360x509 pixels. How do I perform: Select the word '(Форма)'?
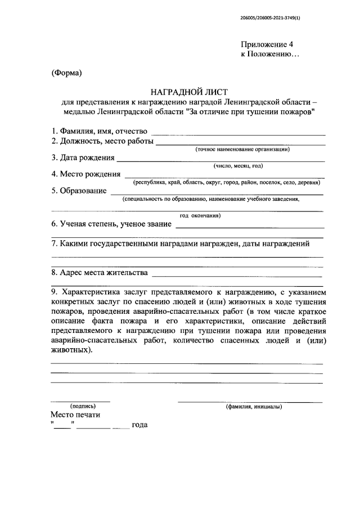[x=67, y=73]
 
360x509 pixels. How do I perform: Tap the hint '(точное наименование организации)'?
[x=242, y=150]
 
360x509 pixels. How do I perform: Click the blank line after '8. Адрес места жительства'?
[x=236, y=276]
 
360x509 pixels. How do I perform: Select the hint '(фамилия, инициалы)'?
[x=254, y=407]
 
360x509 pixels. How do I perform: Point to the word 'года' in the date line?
[x=139, y=425]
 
